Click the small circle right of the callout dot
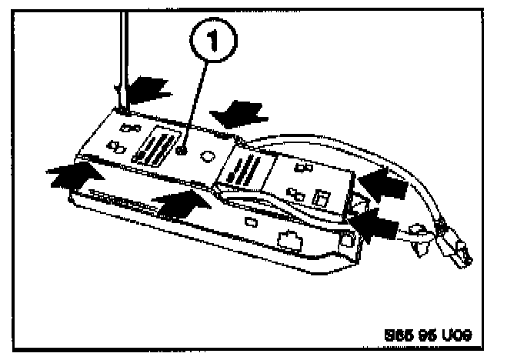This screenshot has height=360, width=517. (x=207, y=155)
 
